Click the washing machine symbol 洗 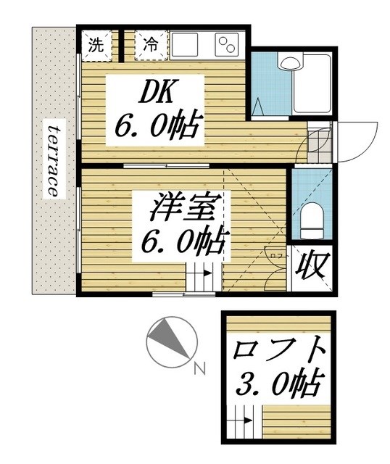tap(96, 43)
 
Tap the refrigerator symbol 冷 tap(151, 43)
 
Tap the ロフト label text tap(278, 350)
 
